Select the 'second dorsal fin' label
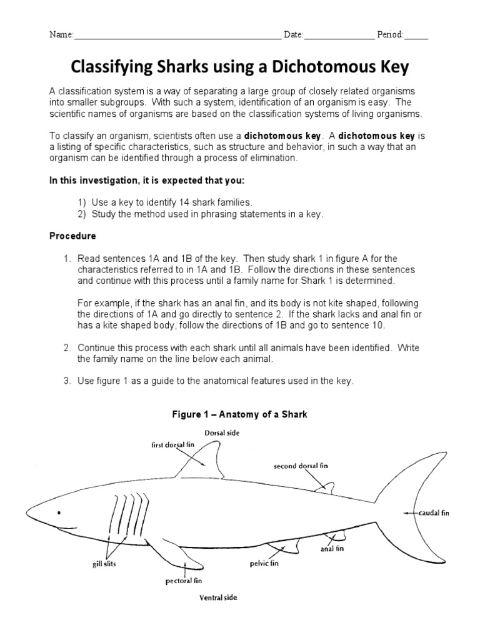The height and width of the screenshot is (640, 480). click(x=301, y=466)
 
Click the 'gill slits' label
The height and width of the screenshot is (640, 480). click(x=104, y=564)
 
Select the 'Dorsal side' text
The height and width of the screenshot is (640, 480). click(x=222, y=432)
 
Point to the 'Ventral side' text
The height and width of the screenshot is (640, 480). click(x=218, y=597)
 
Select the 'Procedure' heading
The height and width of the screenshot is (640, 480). click(x=72, y=237)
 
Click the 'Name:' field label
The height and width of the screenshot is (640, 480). click(x=62, y=34)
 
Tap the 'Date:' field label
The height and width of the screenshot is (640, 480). click(x=293, y=34)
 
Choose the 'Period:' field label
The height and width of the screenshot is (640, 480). click(x=391, y=34)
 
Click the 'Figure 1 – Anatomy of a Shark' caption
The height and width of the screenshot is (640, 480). click(x=240, y=414)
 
